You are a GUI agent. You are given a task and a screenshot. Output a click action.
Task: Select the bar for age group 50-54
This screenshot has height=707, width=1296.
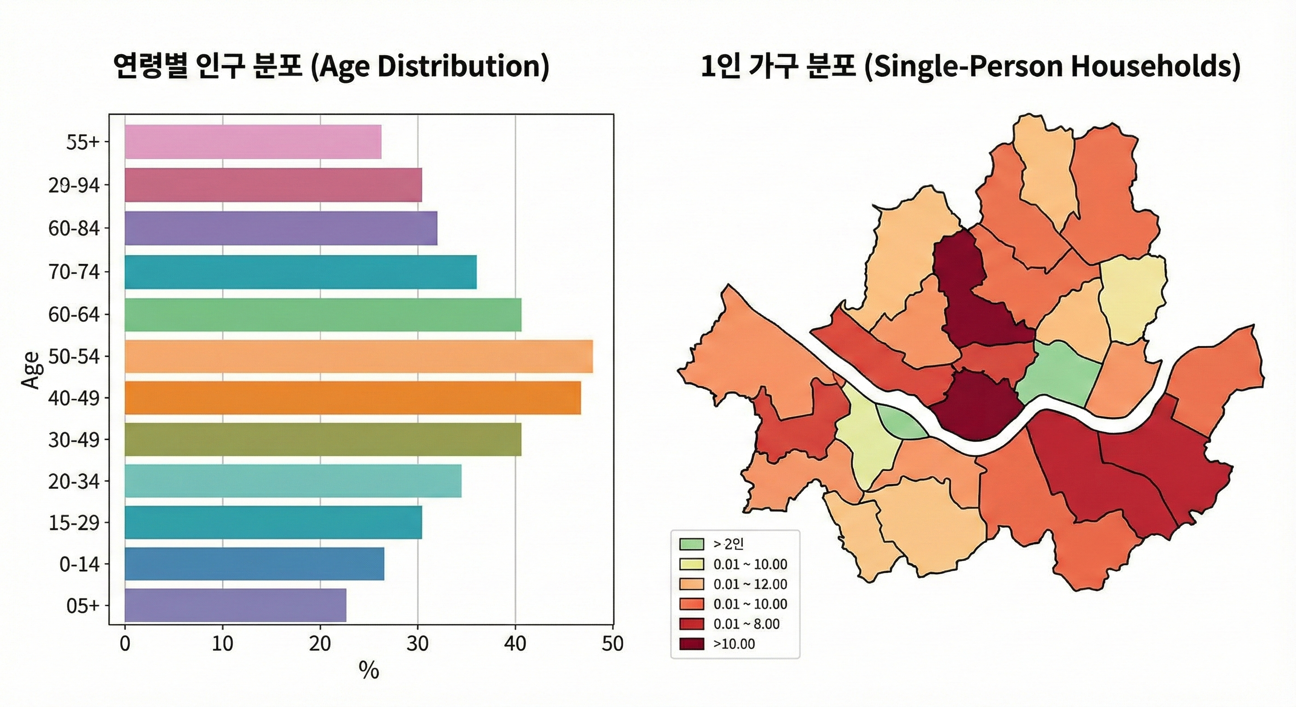click(x=358, y=356)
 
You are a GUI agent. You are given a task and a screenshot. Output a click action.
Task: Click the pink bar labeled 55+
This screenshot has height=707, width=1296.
click(x=253, y=141)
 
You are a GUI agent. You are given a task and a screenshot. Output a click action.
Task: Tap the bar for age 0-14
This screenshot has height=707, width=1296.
click(x=254, y=563)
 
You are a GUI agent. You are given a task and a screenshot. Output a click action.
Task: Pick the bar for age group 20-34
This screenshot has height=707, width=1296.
click(x=293, y=481)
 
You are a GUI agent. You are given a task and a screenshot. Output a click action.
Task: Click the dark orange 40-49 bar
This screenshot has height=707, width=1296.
click(x=352, y=398)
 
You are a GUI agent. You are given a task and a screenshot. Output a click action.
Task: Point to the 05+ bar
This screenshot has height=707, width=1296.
click(x=235, y=605)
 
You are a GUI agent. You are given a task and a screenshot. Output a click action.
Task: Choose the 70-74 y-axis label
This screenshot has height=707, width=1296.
click(x=74, y=272)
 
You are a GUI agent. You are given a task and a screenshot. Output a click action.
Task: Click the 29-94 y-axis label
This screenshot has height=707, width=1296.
click(x=74, y=185)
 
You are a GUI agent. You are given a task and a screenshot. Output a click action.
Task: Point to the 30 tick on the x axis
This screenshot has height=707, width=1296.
click(x=417, y=643)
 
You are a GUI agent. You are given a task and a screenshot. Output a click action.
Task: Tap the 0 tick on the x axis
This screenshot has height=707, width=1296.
click(x=125, y=643)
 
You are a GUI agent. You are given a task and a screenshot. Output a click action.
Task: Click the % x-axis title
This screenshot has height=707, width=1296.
click(x=368, y=670)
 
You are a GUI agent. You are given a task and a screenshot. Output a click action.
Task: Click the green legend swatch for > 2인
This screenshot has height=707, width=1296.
click(x=691, y=544)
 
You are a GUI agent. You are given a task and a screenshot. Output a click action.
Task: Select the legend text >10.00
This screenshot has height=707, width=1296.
click(x=734, y=644)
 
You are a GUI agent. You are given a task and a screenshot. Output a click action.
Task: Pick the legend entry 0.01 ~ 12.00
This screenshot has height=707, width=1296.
click(x=750, y=584)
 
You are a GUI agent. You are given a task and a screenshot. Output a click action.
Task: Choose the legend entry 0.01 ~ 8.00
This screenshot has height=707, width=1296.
click(x=746, y=624)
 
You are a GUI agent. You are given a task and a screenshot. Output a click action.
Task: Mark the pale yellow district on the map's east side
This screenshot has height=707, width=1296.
click(x=1132, y=297)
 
